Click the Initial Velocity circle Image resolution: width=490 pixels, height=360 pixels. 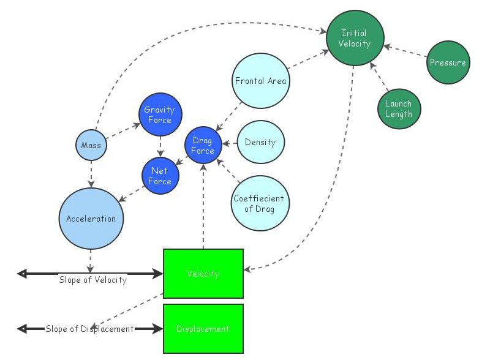tap(355, 39)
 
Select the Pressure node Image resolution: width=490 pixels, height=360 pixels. tap(448, 62)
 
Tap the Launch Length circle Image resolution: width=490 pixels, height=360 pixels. tap(399, 108)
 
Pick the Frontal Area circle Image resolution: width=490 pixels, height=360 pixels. tap(260, 81)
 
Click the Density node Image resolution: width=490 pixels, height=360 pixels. tap(260, 143)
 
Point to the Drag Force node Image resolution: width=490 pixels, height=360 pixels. tap(203, 146)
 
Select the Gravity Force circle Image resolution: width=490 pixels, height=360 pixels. tap(159, 114)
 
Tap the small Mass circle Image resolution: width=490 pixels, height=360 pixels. tap(91, 146)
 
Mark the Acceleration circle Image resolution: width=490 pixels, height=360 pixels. tap(91, 219)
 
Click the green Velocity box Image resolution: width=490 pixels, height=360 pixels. tap(203, 274)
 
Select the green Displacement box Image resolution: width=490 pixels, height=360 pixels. tap(203, 329)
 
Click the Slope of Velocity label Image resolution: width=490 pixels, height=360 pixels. tap(93, 280)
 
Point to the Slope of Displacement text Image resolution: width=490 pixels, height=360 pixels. tap(89, 329)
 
